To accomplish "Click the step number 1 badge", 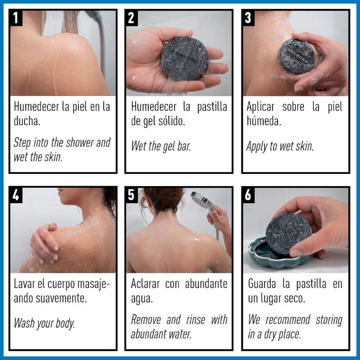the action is (16, 18).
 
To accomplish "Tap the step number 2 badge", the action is (131, 18).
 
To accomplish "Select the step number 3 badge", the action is (248, 18).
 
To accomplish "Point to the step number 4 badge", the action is (16, 195).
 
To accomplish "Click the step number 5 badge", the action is (131, 195).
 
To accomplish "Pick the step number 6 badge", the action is (248, 195).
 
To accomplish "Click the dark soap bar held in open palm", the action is (184, 59).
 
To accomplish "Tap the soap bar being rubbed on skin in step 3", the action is (296, 56).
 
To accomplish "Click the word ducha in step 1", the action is (27, 121).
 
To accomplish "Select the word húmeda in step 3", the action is (264, 121).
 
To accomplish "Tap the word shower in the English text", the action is (80, 142).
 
